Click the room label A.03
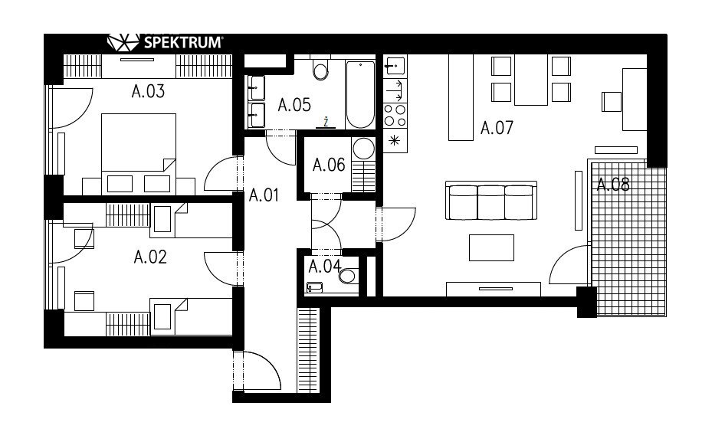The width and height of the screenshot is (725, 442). [148, 91]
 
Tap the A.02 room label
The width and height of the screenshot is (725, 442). [149, 257]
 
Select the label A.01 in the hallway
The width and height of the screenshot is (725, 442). [264, 195]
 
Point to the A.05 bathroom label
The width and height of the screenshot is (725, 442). [294, 105]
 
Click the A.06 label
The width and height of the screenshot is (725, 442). [329, 165]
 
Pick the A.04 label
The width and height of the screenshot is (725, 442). [325, 267]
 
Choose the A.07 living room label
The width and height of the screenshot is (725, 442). [497, 128]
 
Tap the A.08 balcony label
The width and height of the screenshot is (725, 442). [613, 185]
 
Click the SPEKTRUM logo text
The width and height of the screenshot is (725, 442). [183, 43]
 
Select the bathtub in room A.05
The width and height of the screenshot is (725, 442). [360, 94]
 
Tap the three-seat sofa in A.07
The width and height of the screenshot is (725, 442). [491, 201]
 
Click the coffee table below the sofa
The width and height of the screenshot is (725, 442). [491, 248]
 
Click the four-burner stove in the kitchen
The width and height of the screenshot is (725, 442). [395, 116]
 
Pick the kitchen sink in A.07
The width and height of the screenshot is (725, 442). [395, 66]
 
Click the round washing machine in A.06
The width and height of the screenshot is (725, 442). [363, 149]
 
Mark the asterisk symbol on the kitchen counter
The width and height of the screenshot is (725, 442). [395, 140]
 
